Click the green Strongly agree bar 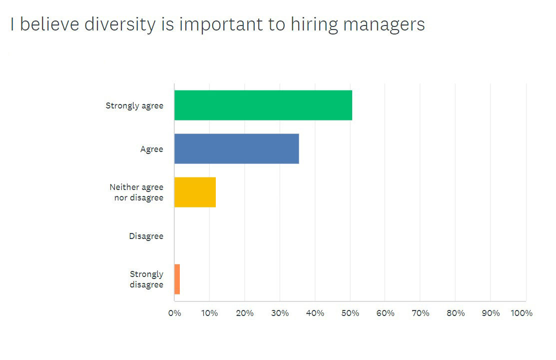(x=263, y=105)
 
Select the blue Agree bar (x=237, y=149)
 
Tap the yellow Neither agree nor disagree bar (x=195, y=192)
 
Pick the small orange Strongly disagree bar (x=177, y=279)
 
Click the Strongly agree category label (x=134, y=105)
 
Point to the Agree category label (x=152, y=149)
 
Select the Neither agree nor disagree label (x=136, y=192)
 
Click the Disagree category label (x=146, y=236)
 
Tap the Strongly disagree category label (x=146, y=279)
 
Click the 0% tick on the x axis (x=174, y=313)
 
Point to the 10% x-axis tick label (x=209, y=313)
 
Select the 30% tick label (x=280, y=313)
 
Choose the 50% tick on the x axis (x=350, y=313)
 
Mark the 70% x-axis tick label (x=420, y=313)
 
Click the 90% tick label (x=491, y=313)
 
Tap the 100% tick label (x=522, y=313)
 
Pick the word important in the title (x=223, y=24)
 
